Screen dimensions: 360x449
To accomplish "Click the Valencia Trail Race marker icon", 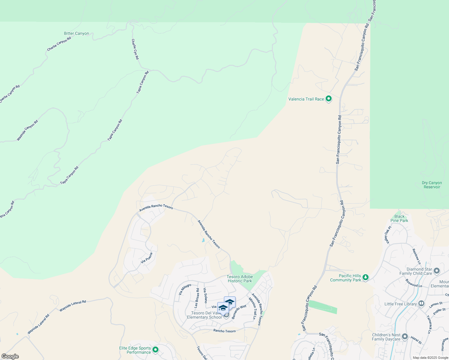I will [329, 98].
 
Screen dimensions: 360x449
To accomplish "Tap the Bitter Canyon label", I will [77, 34].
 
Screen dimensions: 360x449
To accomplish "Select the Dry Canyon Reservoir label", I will [432, 185].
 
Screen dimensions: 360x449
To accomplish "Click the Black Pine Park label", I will [399, 218].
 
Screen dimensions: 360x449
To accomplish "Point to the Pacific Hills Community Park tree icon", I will [365, 277].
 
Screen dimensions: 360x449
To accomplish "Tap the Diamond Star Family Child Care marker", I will [437, 271].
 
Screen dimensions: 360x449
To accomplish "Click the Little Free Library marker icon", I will [421, 304].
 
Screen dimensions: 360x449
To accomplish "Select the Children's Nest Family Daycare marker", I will [405, 337].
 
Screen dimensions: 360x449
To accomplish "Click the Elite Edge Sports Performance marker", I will [155, 349].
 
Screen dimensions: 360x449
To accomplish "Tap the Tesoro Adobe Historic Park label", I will [240, 279].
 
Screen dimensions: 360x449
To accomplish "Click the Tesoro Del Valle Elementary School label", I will [204, 315].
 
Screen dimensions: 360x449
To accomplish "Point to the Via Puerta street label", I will [147, 258].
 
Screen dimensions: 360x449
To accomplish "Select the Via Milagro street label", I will [185, 289].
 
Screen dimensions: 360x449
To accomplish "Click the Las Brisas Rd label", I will [197, 298].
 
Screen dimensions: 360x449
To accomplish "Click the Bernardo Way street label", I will [239, 312].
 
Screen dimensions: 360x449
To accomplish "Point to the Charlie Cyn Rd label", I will [135, 49].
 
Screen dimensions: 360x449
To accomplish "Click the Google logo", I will [10, 356].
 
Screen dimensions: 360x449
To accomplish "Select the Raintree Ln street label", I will [417, 256].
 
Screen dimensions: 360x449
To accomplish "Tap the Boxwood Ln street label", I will [414, 283].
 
